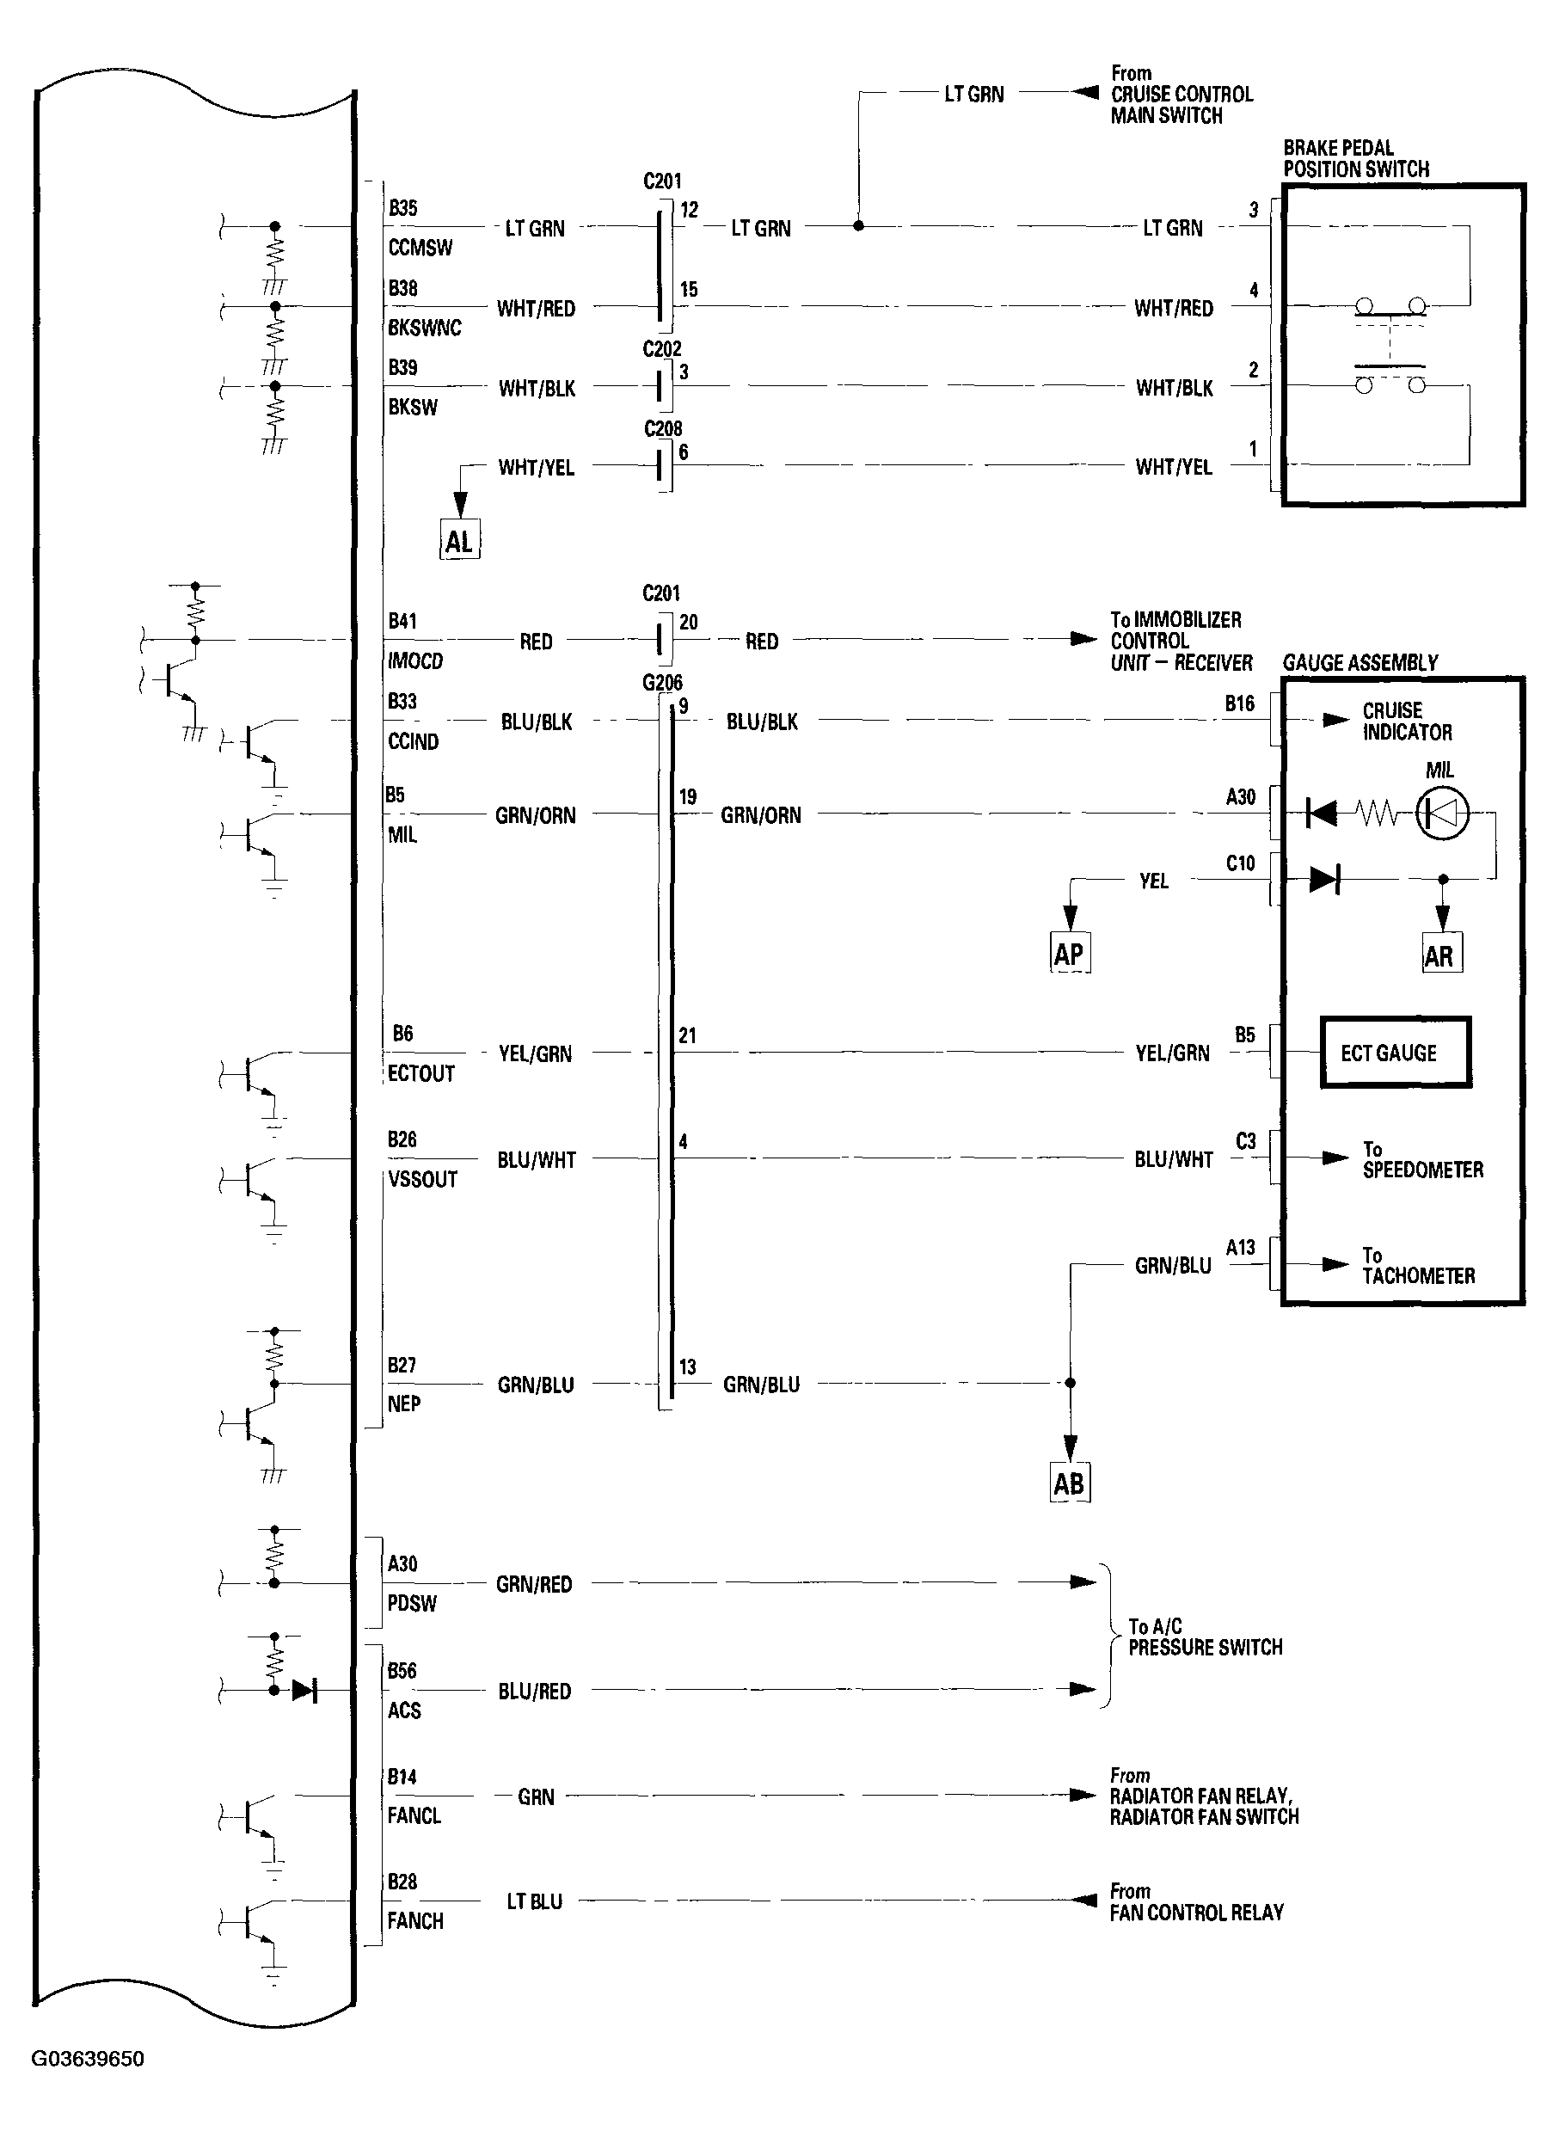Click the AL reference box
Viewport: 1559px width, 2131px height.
pos(459,541)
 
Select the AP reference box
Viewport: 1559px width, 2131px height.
pos(1069,953)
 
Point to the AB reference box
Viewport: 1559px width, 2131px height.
pos(1069,1483)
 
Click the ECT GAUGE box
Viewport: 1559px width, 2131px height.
pos(1394,1053)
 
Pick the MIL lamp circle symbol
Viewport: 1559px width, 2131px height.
pos(1442,812)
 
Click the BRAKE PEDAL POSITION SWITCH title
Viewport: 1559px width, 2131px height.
pos(1355,158)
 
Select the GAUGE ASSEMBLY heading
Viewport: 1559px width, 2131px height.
pos(1359,662)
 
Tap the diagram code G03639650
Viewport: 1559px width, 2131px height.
pos(88,2058)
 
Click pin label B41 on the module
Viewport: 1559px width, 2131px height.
pos(402,621)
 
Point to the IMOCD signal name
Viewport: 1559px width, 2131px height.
pos(415,660)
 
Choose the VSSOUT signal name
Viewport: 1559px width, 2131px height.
pos(422,1180)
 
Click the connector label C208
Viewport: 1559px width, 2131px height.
pos(662,428)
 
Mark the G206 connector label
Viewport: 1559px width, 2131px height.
pos(662,682)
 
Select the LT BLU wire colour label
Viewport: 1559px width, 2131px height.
pos(534,1901)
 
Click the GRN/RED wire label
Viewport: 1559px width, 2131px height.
pos(534,1583)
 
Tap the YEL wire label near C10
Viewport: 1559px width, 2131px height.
pos(1153,881)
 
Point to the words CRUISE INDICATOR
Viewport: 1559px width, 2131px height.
pos(1406,721)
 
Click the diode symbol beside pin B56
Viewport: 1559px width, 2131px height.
pos(304,1689)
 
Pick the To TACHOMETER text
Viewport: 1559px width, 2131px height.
pos(1417,1266)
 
